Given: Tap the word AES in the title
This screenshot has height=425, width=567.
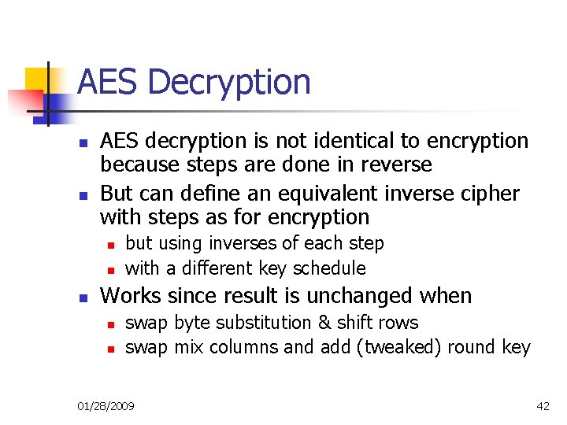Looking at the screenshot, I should click(x=108, y=82).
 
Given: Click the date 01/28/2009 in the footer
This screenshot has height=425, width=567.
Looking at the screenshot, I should click(x=106, y=406).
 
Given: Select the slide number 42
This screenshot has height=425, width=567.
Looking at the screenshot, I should click(x=543, y=406).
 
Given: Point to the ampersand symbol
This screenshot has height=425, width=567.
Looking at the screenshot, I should click(x=324, y=323).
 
